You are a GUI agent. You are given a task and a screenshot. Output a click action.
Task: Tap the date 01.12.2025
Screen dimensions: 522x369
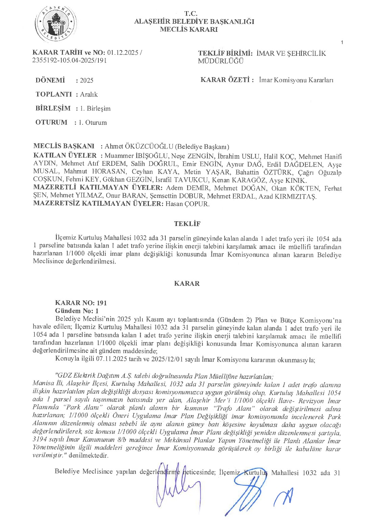click(x=123, y=52)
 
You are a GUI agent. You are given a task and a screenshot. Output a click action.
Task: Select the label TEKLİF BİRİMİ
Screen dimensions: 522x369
click(x=225, y=53)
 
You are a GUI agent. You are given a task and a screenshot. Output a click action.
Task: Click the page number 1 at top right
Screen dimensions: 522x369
click(x=342, y=42)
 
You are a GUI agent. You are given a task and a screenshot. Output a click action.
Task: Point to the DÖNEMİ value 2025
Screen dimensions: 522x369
click(x=87, y=81)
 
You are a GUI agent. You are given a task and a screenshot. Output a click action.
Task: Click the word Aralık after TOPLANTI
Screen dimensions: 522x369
click(x=89, y=94)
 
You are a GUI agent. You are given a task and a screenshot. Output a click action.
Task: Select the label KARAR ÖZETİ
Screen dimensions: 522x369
click(x=227, y=80)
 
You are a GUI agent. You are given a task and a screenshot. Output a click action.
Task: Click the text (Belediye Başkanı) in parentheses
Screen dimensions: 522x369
click(x=202, y=146)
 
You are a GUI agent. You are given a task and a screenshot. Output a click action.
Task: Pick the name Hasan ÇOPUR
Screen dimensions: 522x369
click(x=187, y=204)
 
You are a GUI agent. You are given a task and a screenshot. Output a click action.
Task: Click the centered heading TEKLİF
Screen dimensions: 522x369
click(x=187, y=224)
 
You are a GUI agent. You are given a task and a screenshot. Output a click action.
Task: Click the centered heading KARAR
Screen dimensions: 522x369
click(x=187, y=283)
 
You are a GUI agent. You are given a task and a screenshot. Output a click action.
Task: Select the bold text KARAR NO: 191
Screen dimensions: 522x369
click(x=81, y=303)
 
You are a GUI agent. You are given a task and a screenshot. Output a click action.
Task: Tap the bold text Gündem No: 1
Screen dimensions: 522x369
click(x=77, y=311)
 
